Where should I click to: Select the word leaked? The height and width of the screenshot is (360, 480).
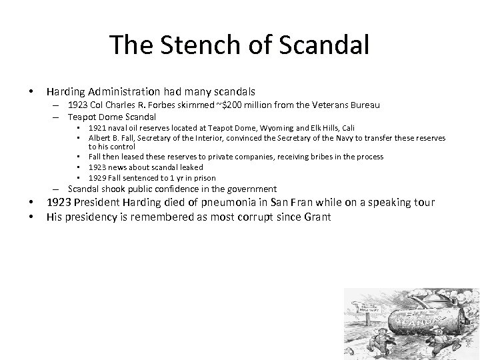click(x=189, y=167)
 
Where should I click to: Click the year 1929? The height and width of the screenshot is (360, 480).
click(x=98, y=178)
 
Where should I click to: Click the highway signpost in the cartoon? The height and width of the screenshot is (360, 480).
click(x=367, y=309)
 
